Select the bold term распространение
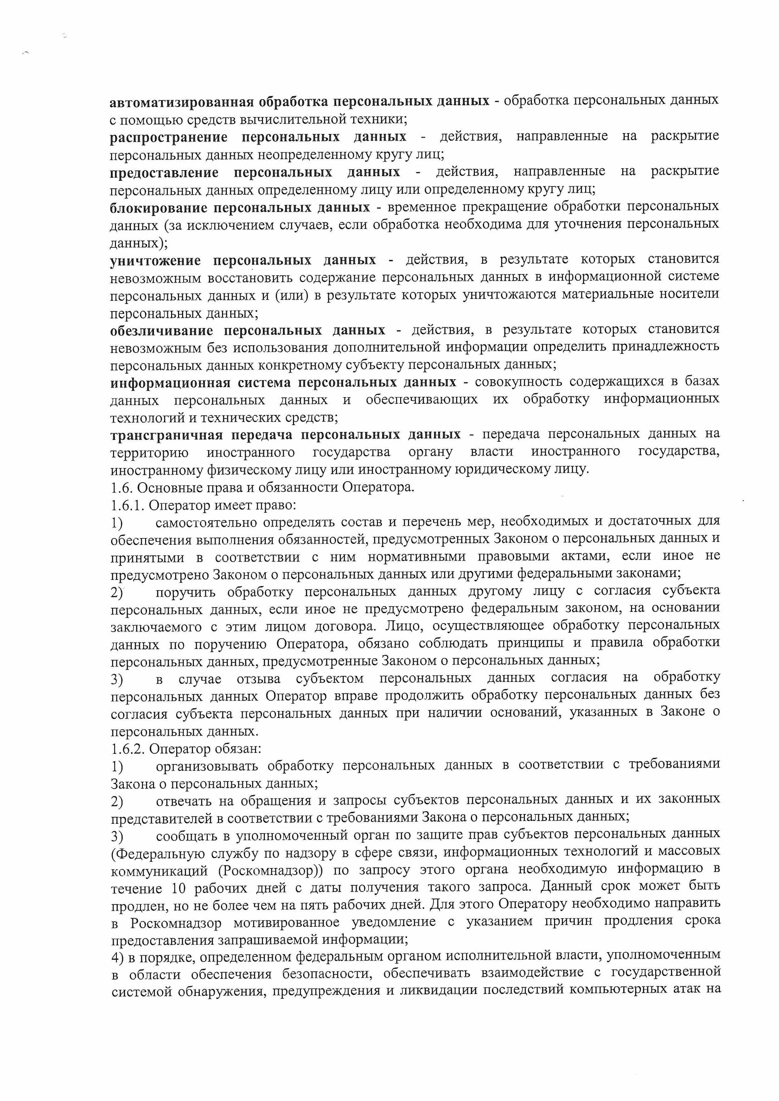click(x=168, y=137)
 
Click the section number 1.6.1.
click(x=127, y=505)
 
